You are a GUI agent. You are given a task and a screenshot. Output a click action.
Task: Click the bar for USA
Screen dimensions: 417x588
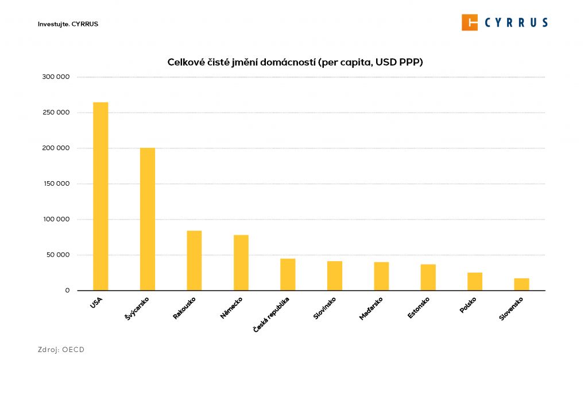coord(100,196)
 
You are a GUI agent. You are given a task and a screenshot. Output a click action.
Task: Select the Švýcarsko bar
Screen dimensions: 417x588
coord(148,219)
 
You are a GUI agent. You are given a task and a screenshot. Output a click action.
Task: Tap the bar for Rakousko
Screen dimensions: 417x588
coord(194,261)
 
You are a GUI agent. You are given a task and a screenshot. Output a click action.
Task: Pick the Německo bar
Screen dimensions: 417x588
coord(241,262)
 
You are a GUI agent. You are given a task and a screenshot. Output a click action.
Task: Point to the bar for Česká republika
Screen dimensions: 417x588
coord(288,274)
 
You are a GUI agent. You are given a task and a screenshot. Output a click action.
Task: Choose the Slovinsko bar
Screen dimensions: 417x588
coord(335,276)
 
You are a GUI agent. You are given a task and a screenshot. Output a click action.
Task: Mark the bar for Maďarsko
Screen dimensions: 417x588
coord(381,276)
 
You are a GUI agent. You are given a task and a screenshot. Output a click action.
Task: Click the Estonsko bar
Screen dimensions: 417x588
coord(428,277)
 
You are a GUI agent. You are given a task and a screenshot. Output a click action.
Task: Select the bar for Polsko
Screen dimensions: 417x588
coord(475,281)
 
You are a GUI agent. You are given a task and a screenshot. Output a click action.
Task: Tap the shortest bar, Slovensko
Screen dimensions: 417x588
coord(522,284)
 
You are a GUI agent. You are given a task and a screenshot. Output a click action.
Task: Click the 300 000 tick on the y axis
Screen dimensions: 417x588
coord(56,77)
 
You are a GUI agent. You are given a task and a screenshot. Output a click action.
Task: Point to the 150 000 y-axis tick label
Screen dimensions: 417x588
coord(56,183)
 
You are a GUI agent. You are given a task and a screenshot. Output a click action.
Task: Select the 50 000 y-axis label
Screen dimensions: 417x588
coord(58,255)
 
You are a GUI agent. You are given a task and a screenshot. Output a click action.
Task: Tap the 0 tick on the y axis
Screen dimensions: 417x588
coord(67,290)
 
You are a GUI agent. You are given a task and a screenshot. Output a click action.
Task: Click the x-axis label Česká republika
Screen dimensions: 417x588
coord(272,314)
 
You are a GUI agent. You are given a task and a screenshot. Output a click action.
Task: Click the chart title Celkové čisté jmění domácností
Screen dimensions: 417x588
coord(295,62)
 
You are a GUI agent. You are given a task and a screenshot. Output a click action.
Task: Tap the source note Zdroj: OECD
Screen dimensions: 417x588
coord(61,349)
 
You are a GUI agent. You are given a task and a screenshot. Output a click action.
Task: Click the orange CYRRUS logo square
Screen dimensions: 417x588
coord(470,22)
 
